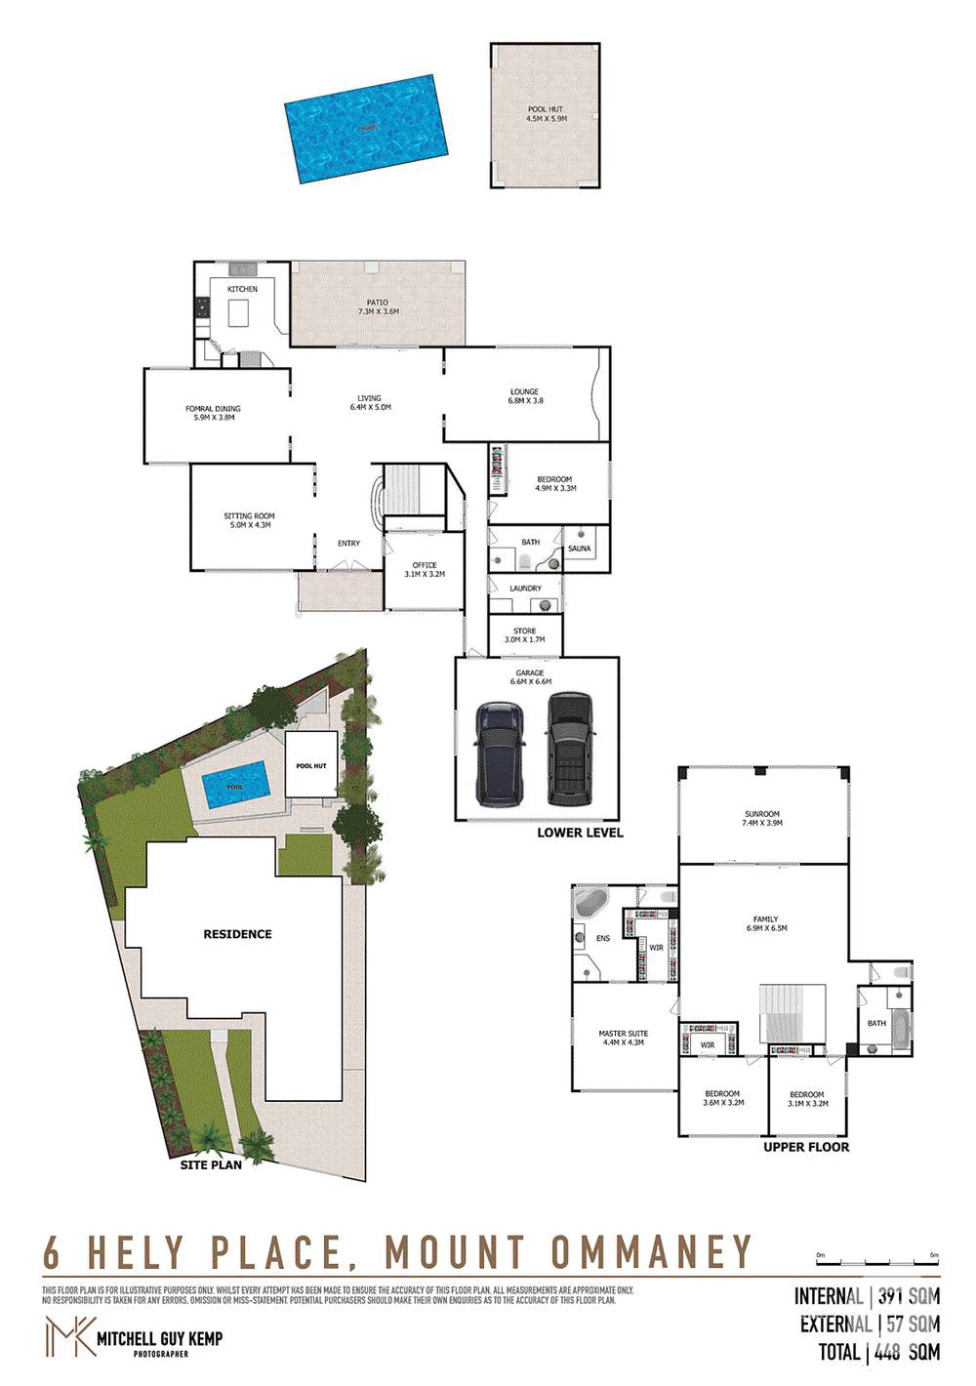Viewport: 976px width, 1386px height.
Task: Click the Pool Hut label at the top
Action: (x=546, y=114)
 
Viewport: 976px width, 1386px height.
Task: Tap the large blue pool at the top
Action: (x=367, y=127)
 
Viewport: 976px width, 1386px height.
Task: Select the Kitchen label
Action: (x=242, y=290)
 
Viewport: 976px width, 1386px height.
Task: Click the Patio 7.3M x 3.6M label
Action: (x=378, y=307)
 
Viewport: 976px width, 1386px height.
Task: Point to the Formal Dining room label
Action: (x=213, y=413)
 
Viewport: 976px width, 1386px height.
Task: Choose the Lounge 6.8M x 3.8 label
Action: (x=525, y=396)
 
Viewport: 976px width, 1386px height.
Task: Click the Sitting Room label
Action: (x=249, y=520)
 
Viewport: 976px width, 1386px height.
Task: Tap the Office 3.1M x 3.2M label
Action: (x=425, y=570)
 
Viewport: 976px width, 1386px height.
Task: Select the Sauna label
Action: (x=579, y=549)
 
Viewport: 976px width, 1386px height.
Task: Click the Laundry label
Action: (x=525, y=589)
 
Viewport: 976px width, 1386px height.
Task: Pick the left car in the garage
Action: (x=501, y=753)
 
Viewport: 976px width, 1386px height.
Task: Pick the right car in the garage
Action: (x=568, y=749)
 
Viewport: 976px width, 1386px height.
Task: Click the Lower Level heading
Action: (x=580, y=833)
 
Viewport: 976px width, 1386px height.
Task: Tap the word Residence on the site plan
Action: (x=237, y=934)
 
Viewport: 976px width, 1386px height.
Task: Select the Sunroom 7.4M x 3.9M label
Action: (x=762, y=818)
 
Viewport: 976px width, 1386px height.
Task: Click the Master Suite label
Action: (x=623, y=1038)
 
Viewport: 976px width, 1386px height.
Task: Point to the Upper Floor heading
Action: (x=806, y=1147)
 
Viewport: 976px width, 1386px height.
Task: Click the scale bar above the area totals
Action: (x=876, y=1261)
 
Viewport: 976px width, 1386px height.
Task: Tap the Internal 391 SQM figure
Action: (x=867, y=1297)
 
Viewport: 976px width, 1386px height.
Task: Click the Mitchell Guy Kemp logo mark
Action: (x=68, y=1336)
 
